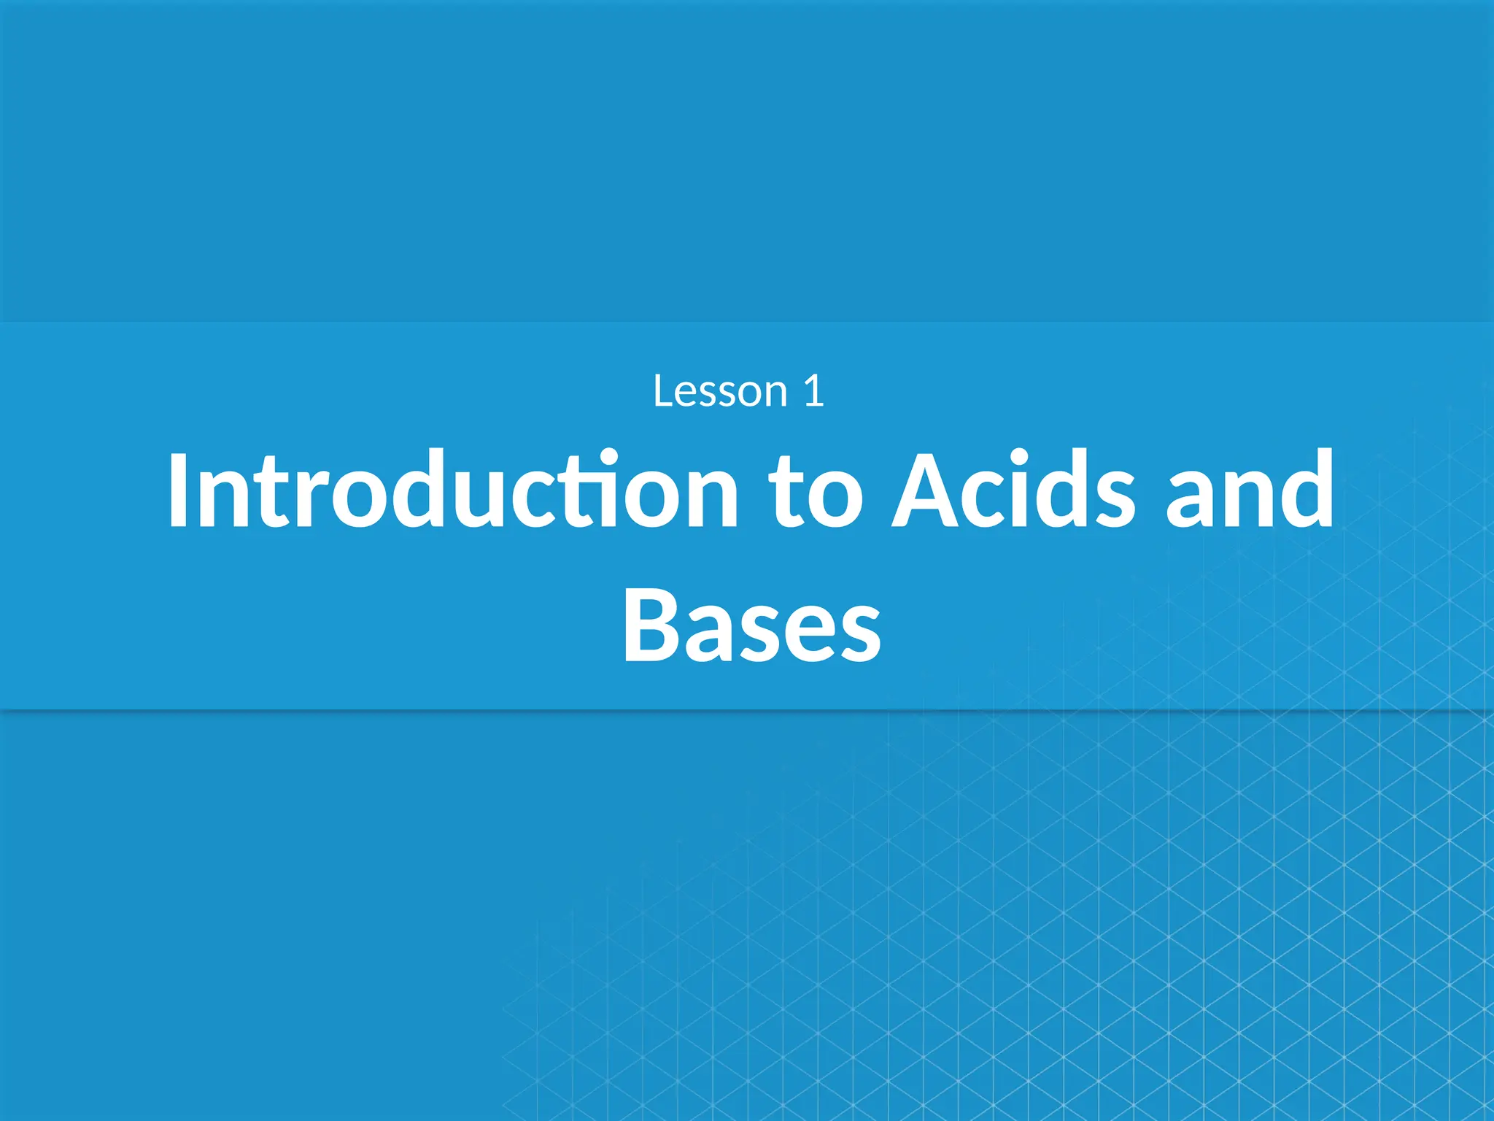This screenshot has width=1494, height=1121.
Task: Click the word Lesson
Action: pyautogui.click(x=721, y=391)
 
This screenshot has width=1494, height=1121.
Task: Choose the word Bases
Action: pyautogui.click(x=751, y=626)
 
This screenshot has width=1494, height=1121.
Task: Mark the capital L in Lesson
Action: pyautogui.click(x=664, y=391)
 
